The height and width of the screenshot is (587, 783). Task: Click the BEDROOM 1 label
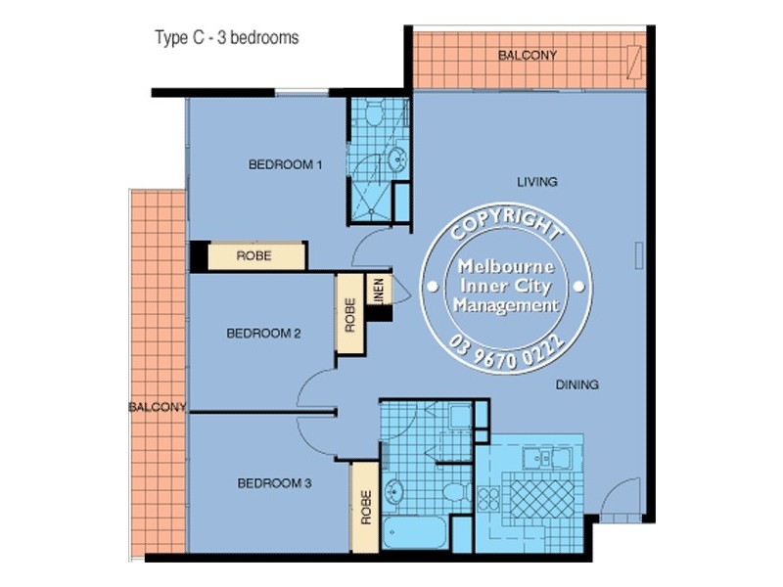(x=285, y=164)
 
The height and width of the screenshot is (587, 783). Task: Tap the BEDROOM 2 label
(x=263, y=333)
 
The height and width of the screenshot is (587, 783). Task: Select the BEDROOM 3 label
(x=274, y=483)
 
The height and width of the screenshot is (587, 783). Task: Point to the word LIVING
(x=536, y=182)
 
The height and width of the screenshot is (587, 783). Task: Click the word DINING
(x=576, y=384)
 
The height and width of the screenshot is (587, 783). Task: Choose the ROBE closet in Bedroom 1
(x=254, y=256)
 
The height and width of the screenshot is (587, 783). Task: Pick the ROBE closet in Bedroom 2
(x=349, y=315)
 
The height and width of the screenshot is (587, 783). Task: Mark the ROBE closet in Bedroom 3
(x=365, y=507)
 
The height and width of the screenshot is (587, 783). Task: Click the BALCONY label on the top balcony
(x=528, y=56)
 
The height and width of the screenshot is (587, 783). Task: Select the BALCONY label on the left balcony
(x=157, y=407)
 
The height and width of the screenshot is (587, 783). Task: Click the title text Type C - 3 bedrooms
(x=226, y=38)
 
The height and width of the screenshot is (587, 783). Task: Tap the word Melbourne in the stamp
(x=506, y=267)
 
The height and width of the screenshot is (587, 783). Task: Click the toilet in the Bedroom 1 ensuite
(x=371, y=116)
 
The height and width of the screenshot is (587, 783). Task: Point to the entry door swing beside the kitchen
(x=620, y=501)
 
